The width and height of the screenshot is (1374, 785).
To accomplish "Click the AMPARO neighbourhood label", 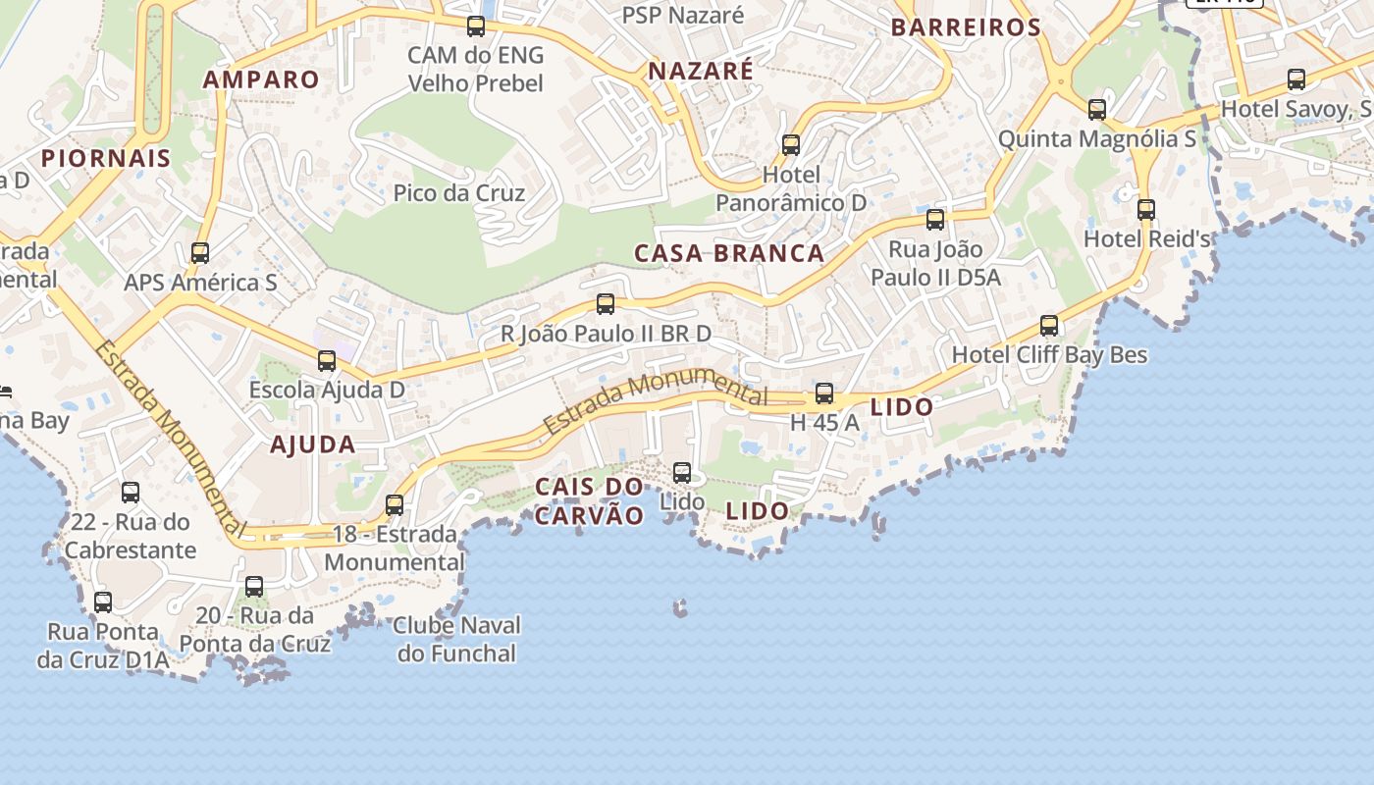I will (261, 79).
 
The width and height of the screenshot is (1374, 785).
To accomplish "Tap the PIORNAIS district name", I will (106, 157).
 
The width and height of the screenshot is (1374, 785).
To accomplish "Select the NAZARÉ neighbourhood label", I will (701, 71).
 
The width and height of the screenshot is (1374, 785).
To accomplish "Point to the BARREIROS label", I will (966, 27).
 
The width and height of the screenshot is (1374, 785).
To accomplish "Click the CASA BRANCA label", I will (729, 253).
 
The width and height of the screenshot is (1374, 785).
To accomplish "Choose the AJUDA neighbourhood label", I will (313, 445).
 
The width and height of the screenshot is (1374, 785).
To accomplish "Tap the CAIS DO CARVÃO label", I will (590, 500).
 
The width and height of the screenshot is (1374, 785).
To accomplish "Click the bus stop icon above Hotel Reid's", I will (1146, 209).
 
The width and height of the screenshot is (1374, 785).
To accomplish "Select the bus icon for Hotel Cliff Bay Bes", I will (1049, 325).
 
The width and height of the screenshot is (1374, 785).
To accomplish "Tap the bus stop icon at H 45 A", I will (824, 393).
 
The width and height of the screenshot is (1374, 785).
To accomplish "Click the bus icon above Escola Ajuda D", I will (327, 361).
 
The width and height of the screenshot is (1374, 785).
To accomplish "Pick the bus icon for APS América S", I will (200, 253).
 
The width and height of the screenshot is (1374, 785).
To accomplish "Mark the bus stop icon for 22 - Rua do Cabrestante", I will (131, 493).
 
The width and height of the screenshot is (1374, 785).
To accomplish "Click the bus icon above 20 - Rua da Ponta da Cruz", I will (254, 587).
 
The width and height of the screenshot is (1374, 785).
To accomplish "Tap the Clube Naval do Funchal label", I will (457, 639).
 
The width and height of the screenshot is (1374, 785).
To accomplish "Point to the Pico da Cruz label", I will (459, 192).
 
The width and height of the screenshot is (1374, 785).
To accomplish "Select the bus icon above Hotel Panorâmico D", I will (791, 145).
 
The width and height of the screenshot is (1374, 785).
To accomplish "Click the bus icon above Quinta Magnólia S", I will (1097, 109).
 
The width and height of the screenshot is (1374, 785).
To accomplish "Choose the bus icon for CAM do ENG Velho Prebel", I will (476, 26).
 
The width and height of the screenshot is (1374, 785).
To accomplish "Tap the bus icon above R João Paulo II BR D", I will (606, 304).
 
